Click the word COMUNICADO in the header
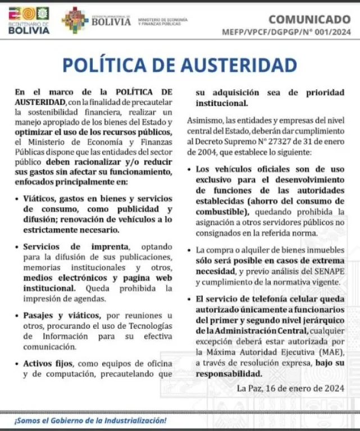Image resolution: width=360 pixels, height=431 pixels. (x=309, y=20)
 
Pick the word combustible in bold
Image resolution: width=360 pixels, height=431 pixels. (x=222, y=212)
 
